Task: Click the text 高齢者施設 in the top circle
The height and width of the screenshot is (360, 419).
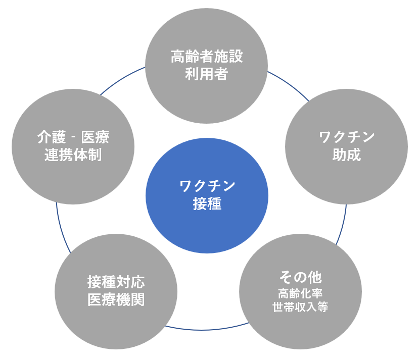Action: [x=207, y=56]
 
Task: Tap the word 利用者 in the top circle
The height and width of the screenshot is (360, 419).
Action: [x=207, y=75]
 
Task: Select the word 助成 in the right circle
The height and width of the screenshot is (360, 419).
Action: [x=347, y=155]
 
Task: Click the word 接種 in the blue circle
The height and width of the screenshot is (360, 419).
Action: [x=207, y=204]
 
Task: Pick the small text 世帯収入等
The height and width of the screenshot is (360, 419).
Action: [x=300, y=306]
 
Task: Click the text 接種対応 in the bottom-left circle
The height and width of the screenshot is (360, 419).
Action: [x=116, y=282]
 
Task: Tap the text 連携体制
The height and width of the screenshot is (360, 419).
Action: [x=73, y=155]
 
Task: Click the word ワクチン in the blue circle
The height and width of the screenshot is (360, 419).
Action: [x=207, y=186]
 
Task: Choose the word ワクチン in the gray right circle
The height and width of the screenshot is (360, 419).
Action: [x=347, y=137]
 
